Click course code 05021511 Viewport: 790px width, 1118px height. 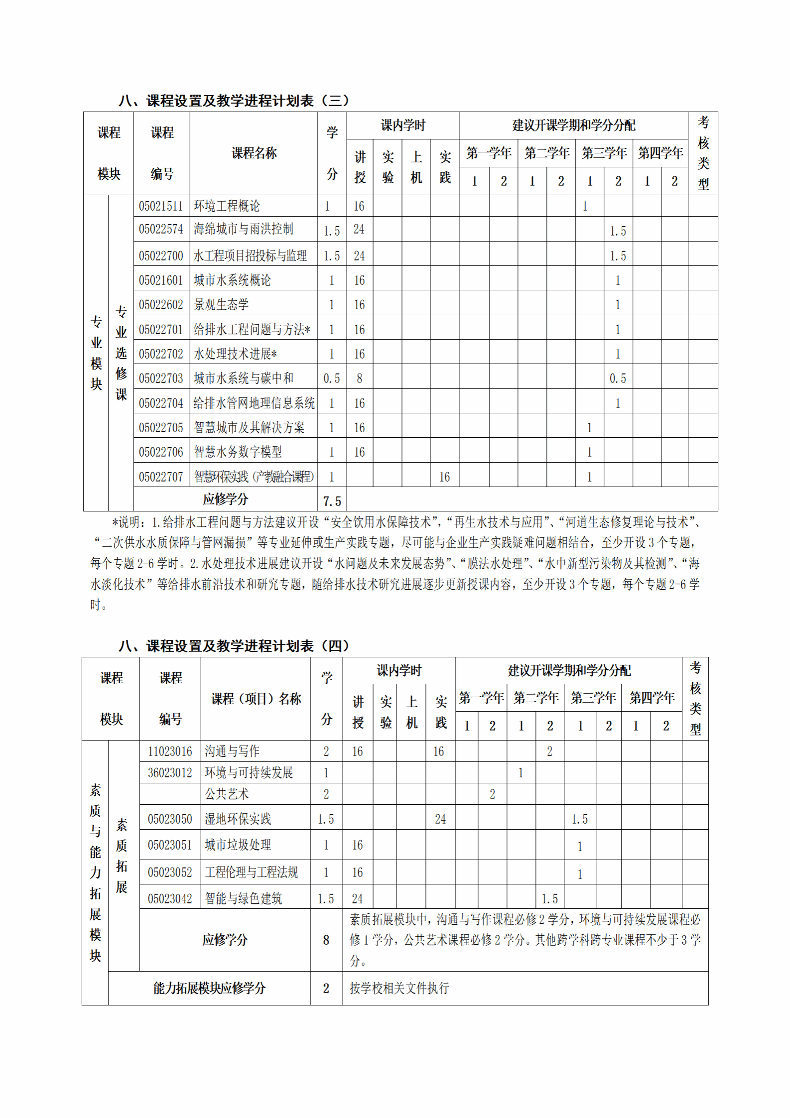pos(161,206)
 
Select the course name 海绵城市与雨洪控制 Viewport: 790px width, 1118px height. pos(243,229)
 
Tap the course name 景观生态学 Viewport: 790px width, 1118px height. pos(221,305)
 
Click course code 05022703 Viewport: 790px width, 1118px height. pos(161,378)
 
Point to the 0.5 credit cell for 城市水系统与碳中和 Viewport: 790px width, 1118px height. pos(332,378)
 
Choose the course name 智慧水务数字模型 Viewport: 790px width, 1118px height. pos(238,452)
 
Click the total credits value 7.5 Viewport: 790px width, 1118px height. pos(332,501)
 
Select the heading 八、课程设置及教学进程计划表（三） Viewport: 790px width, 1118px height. pos(234,101)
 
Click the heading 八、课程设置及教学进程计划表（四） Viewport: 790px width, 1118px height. pos(234,646)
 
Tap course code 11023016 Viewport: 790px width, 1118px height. pos(170,751)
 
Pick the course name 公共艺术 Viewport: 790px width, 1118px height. pos(227,794)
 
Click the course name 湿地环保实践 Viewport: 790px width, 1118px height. pos(238,819)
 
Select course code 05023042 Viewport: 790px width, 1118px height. pos(170,899)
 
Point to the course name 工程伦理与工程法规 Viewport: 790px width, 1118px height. pos(251,872)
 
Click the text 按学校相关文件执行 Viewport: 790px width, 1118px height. pos(399,988)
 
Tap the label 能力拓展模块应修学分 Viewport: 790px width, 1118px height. pos(209,988)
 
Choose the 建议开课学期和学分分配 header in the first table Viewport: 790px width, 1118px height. pos(573,125)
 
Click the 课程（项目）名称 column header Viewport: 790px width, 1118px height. pos(256,699)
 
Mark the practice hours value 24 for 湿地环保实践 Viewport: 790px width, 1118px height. pos(440,819)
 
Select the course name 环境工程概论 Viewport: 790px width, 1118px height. pos(227,206)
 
